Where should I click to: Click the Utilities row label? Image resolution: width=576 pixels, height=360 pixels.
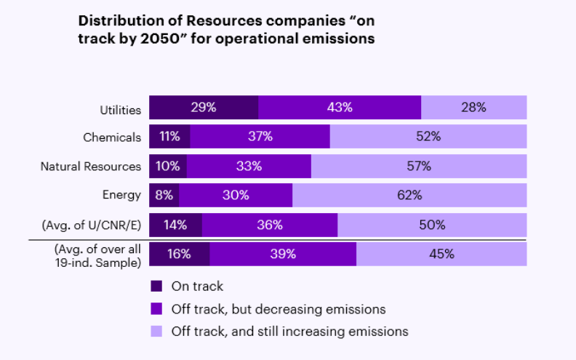tap(120, 111)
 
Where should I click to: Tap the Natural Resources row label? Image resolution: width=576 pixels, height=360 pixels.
tap(90, 167)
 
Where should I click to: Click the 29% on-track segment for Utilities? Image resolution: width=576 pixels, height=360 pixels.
tap(204, 107)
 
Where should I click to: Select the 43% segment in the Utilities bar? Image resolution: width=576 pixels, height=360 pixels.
tap(340, 107)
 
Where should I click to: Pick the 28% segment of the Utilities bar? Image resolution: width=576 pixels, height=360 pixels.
tap(473, 107)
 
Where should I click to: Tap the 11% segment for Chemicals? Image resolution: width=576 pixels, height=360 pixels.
tap(169, 136)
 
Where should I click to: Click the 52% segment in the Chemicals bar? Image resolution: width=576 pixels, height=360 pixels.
tap(428, 136)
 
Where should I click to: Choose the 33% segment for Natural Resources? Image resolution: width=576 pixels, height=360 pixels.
tap(249, 166)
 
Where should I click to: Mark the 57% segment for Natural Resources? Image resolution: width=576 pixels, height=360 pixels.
tap(419, 166)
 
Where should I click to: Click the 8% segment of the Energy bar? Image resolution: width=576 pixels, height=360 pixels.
tap(164, 195)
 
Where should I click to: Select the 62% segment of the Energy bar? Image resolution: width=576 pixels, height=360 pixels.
tap(409, 195)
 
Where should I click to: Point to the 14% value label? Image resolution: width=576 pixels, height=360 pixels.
tap(175, 225)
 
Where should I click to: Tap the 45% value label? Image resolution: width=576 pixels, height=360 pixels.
tap(441, 254)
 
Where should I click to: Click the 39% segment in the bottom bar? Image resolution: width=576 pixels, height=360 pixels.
tap(283, 254)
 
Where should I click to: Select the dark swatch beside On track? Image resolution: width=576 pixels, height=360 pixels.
tap(156, 287)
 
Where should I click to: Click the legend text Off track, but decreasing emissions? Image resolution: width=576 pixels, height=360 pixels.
tap(278, 309)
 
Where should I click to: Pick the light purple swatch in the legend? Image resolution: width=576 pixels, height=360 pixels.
tap(156, 332)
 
